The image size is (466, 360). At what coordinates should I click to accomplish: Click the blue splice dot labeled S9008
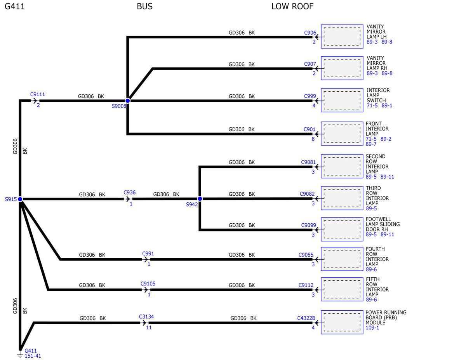[128, 101]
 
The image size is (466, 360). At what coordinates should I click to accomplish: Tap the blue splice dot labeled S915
[20, 199]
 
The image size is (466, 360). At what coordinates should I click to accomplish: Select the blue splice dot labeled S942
[200, 199]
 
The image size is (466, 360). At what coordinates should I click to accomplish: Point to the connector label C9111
[38, 94]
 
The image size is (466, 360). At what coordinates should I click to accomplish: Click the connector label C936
[130, 192]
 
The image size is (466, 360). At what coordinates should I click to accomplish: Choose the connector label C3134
[146, 317]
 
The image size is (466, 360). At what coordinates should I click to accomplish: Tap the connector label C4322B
[306, 318]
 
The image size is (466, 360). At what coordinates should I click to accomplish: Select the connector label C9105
[148, 283]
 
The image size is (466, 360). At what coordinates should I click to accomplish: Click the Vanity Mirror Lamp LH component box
[342, 37]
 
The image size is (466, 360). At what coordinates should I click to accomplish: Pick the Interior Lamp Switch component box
[342, 100]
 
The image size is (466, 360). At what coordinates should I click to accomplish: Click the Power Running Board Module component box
[342, 322]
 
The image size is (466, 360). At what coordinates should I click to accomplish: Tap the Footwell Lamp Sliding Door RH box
[342, 229]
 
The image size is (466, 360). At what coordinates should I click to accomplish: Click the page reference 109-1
[372, 328]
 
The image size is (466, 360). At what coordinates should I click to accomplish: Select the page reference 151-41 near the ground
[33, 356]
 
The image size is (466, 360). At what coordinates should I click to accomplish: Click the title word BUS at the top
[145, 7]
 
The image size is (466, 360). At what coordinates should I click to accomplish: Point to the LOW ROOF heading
[292, 7]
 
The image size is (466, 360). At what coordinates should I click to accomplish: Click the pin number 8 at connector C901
[313, 139]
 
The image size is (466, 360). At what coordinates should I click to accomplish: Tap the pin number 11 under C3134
[149, 328]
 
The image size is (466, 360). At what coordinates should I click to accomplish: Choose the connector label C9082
[307, 194]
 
